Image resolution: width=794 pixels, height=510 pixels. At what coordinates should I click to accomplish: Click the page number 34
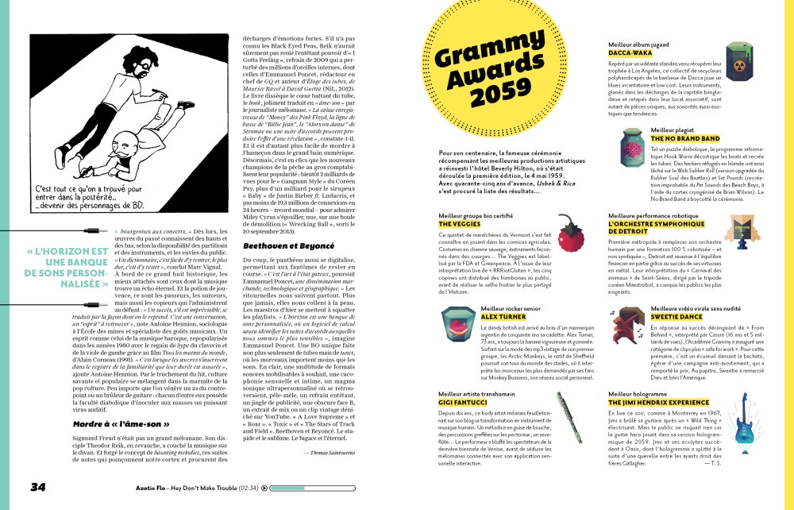(38, 486)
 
